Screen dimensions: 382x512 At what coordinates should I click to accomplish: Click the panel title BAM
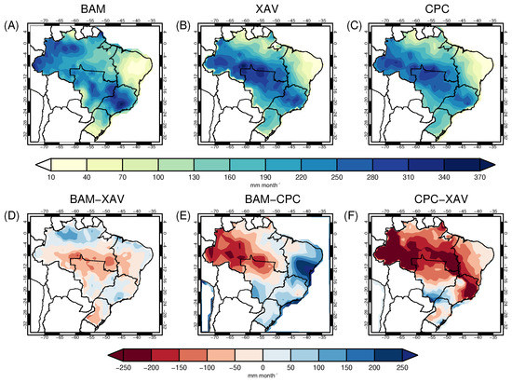click(94, 9)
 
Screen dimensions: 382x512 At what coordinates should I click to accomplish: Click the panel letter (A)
click(13, 25)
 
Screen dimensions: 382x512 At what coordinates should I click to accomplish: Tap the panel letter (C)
click(354, 25)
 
